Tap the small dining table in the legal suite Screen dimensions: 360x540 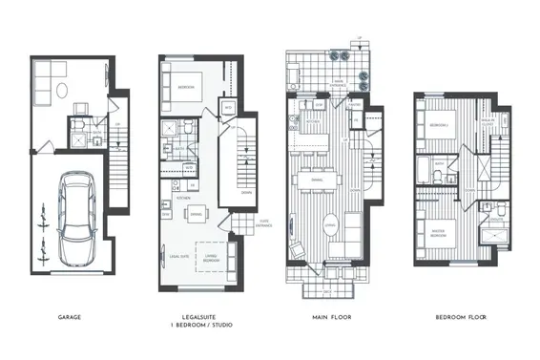[x=194, y=214]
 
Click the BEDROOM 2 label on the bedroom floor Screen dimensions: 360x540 [x=439, y=125]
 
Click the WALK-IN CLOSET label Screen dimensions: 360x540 [x=487, y=121]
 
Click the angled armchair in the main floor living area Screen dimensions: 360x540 [x=297, y=252]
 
